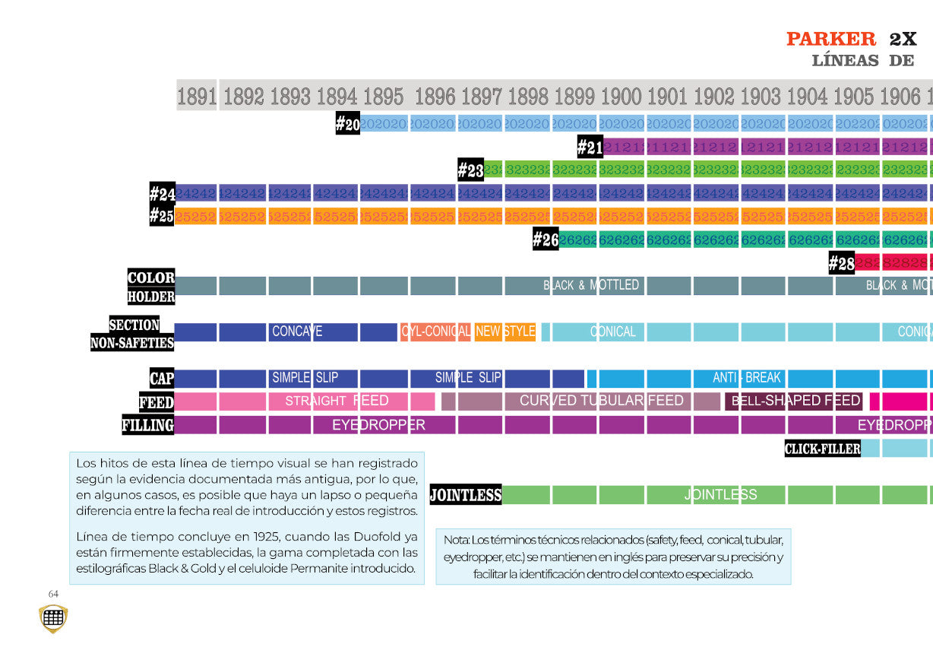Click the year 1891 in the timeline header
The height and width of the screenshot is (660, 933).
click(197, 97)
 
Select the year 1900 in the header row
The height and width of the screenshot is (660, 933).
click(621, 97)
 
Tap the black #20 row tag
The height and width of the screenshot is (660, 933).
click(347, 124)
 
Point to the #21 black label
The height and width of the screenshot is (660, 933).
click(590, 147)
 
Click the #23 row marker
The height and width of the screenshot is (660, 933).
click(470, 170)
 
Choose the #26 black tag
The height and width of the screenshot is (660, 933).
click(546, 240)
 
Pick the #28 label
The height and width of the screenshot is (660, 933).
click(841, 263)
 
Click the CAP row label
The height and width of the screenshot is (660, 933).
click(162, 378)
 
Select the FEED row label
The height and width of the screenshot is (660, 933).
click(157, 401)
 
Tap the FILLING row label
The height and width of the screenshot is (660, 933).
click(148, 424)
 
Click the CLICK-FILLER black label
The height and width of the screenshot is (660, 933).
click(822, 449)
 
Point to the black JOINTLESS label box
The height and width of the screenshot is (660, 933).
click(466, 495)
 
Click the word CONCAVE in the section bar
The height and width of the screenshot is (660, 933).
click(297, 332)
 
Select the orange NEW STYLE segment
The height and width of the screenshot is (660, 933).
click(505, 332)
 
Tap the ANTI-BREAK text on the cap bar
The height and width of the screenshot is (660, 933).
click(747, 378)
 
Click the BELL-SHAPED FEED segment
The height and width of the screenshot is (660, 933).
click(795, 401)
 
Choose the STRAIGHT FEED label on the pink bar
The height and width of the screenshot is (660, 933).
click(337, 401)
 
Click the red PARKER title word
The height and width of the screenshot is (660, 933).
click(830, 39)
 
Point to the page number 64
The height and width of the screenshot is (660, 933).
click(53, 594)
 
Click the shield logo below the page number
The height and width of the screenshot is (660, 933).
click(53, 618)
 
